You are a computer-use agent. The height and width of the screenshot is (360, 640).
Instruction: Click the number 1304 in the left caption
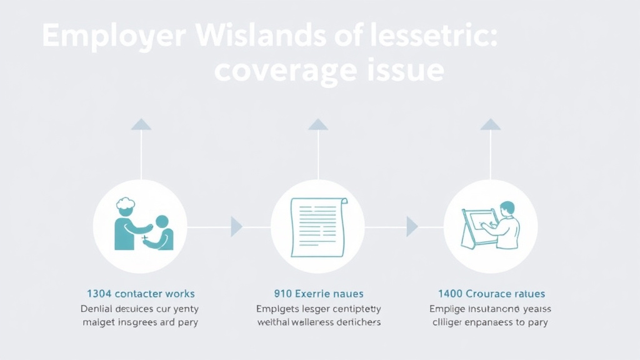(x=99, y=293)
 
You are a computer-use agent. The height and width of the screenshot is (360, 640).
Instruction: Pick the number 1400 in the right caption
(x=451, y=293)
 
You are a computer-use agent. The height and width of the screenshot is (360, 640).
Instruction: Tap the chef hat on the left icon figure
(x=126, y=204)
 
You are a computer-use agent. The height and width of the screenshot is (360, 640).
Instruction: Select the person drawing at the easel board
(x=506, y=224)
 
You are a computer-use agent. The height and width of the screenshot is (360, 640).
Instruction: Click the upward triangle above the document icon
(x=318, y=124)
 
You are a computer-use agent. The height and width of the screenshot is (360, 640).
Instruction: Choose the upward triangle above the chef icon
(x=141, y=124)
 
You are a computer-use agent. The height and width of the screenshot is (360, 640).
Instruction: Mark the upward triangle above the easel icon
(x=491, y=124)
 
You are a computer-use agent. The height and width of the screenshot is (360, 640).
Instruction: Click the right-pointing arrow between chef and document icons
(x=236, y=226)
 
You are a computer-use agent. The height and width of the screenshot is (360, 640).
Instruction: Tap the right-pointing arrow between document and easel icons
(x=412, y=226)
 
